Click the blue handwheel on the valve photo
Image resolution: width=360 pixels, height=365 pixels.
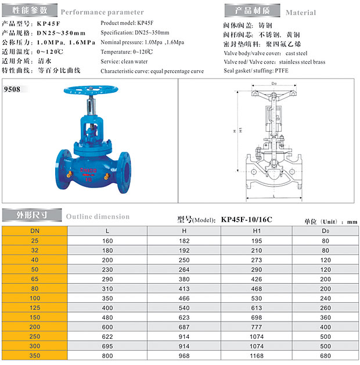point(91,90)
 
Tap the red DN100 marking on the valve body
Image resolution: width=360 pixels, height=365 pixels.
point(88,171)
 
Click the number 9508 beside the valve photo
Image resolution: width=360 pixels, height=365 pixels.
point(12,89)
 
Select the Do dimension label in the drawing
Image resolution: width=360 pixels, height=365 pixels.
point(274,84)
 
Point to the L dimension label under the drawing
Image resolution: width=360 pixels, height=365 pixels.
point(274,196)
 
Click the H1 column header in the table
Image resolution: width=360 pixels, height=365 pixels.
point(257,231)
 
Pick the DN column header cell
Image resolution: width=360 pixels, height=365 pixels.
point(35,231)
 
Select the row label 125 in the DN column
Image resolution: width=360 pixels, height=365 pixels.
point(35,308)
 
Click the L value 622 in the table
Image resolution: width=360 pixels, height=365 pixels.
point(107,337)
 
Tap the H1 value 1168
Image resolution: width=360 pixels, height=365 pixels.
point(257,356)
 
